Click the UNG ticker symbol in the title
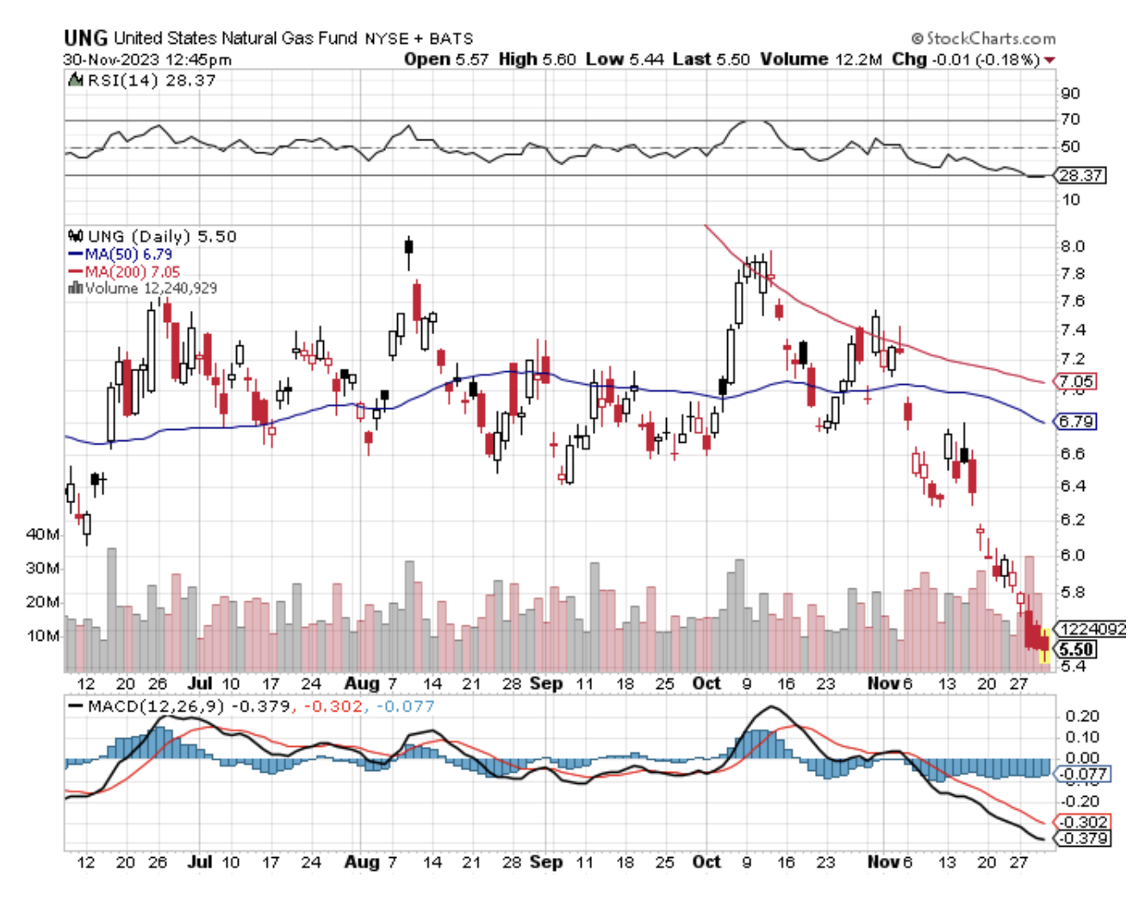tap(85, 38)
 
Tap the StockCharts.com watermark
tap(984, 38)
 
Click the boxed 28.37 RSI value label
tap(1080, 175)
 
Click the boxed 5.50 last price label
tap(1077, 649)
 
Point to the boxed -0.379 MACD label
tap(1082, 838)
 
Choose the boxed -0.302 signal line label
tap(1082, 822)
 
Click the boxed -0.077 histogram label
tap(1082, 774)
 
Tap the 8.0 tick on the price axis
tap(1072, 245)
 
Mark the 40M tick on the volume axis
tap(42, 534)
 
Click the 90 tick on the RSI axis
tap(1070, 93)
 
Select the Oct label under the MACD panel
tap(706, 861)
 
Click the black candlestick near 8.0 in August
tap(408, 246)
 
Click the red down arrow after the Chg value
tap(1049, 59)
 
